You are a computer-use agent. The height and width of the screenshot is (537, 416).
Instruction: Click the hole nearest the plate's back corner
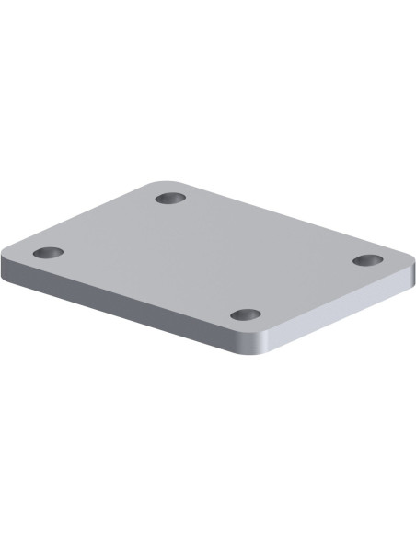pyautogui.click(x=170, y=198)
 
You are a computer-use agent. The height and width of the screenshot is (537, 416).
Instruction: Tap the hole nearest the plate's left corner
pyautogui.click(x=48, y=252)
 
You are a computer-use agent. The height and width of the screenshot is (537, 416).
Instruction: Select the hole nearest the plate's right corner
pyautogui.click(x=368, y=260)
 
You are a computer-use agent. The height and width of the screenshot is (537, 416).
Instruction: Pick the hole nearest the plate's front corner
pyautogui.click(x=246, y=314)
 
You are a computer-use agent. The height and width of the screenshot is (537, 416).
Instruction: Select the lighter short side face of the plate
pyautogui.click(x=341, y=313)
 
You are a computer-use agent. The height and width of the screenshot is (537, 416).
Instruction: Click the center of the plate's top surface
pyautogui.click(x=208, y=257)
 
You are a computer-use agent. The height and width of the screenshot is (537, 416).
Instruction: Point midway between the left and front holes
pyautogui.click(x=147, y=283)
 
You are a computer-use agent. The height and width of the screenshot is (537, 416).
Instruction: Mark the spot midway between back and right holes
pyautogui.click(x=269, y=229)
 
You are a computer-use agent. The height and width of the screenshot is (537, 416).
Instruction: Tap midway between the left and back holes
pyautogui.click(x=109, y=225)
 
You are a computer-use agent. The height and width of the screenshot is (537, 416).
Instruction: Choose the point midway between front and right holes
pyautogui.click(x=306, y=288)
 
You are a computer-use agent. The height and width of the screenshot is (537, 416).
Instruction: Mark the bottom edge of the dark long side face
pyautogui.click(x=129, y=319)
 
